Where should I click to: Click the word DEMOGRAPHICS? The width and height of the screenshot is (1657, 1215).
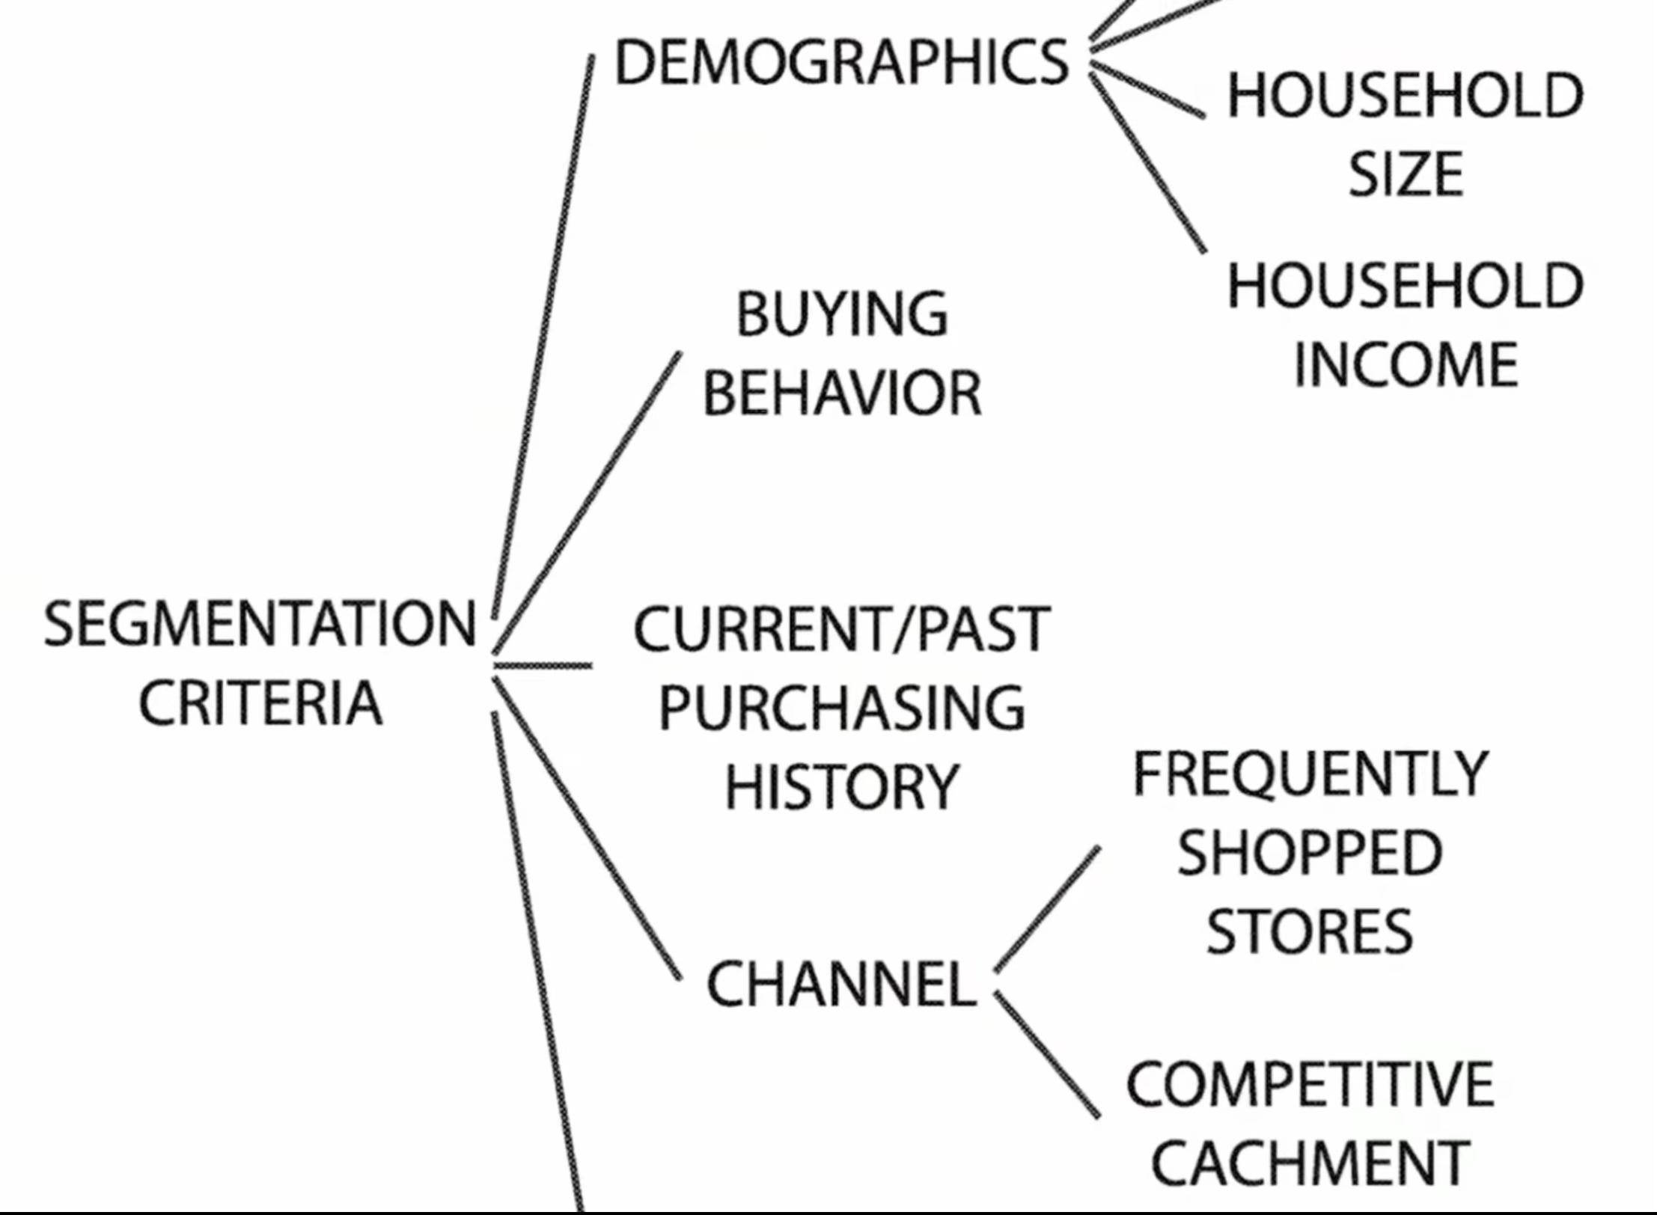coord(841,62)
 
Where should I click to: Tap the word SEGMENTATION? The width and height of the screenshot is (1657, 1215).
coord(260,624)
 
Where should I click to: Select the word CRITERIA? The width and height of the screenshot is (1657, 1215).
coord(260,703)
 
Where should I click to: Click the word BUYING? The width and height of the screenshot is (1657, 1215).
coord(842,314)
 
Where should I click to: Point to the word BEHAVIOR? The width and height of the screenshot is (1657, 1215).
coord(842,394)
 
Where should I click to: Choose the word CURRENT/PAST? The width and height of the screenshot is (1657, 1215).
coord(842,629)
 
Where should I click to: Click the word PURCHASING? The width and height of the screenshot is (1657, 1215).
coord(842,708)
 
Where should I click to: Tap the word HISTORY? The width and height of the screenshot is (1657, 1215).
coord(842,787)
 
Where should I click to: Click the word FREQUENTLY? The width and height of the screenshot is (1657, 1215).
coord(1310,774)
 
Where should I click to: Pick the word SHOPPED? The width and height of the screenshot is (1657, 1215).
coord(1310,854)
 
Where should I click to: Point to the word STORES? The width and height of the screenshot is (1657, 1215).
coord(1310,932)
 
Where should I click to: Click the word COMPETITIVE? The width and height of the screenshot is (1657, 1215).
coord(1310,1085)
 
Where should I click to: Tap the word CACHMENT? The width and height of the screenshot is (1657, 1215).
coord(1310,1163)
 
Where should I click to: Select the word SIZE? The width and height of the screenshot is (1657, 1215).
coord(1406,174)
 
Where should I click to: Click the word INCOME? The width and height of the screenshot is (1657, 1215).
coord(1406,365)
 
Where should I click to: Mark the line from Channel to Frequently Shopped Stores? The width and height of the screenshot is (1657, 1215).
coord(1048,909)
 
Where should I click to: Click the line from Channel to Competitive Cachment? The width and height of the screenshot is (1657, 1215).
coord(1048,1055)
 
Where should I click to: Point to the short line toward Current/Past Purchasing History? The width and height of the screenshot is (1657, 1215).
coord(543,665)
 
